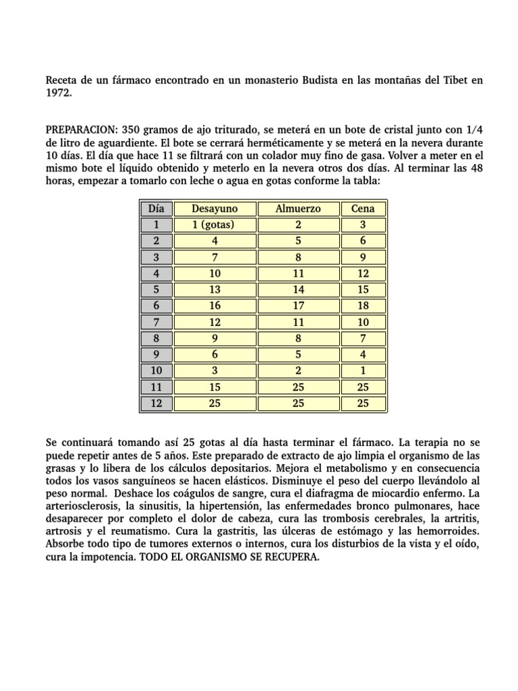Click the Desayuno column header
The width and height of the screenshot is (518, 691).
214,209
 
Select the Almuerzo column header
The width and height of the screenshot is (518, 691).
297,209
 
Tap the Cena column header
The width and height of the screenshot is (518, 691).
363,209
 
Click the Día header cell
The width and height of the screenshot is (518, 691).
156,209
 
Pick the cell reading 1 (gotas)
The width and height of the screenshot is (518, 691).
214,225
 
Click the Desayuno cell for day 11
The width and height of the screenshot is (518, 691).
214,388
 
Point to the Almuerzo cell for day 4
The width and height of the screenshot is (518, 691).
297,273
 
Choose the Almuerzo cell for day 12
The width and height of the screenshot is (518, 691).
297,404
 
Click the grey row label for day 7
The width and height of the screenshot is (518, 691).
156,323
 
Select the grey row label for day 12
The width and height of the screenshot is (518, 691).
156,404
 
